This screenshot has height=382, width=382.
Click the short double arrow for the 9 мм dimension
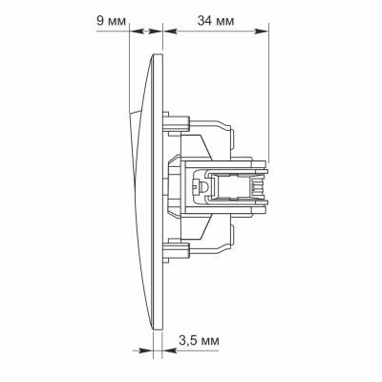point(147,32)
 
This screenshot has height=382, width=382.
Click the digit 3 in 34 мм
point(200,19)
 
